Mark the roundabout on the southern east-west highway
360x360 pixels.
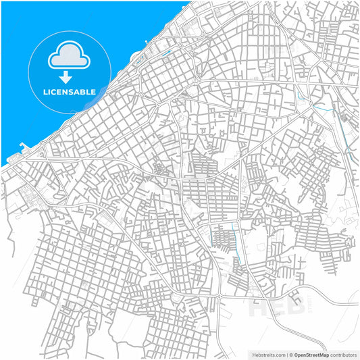click(x=220, y=297)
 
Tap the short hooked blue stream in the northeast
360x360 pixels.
click(x=322, y=107)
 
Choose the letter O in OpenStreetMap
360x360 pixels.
click(x=295, y=354)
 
